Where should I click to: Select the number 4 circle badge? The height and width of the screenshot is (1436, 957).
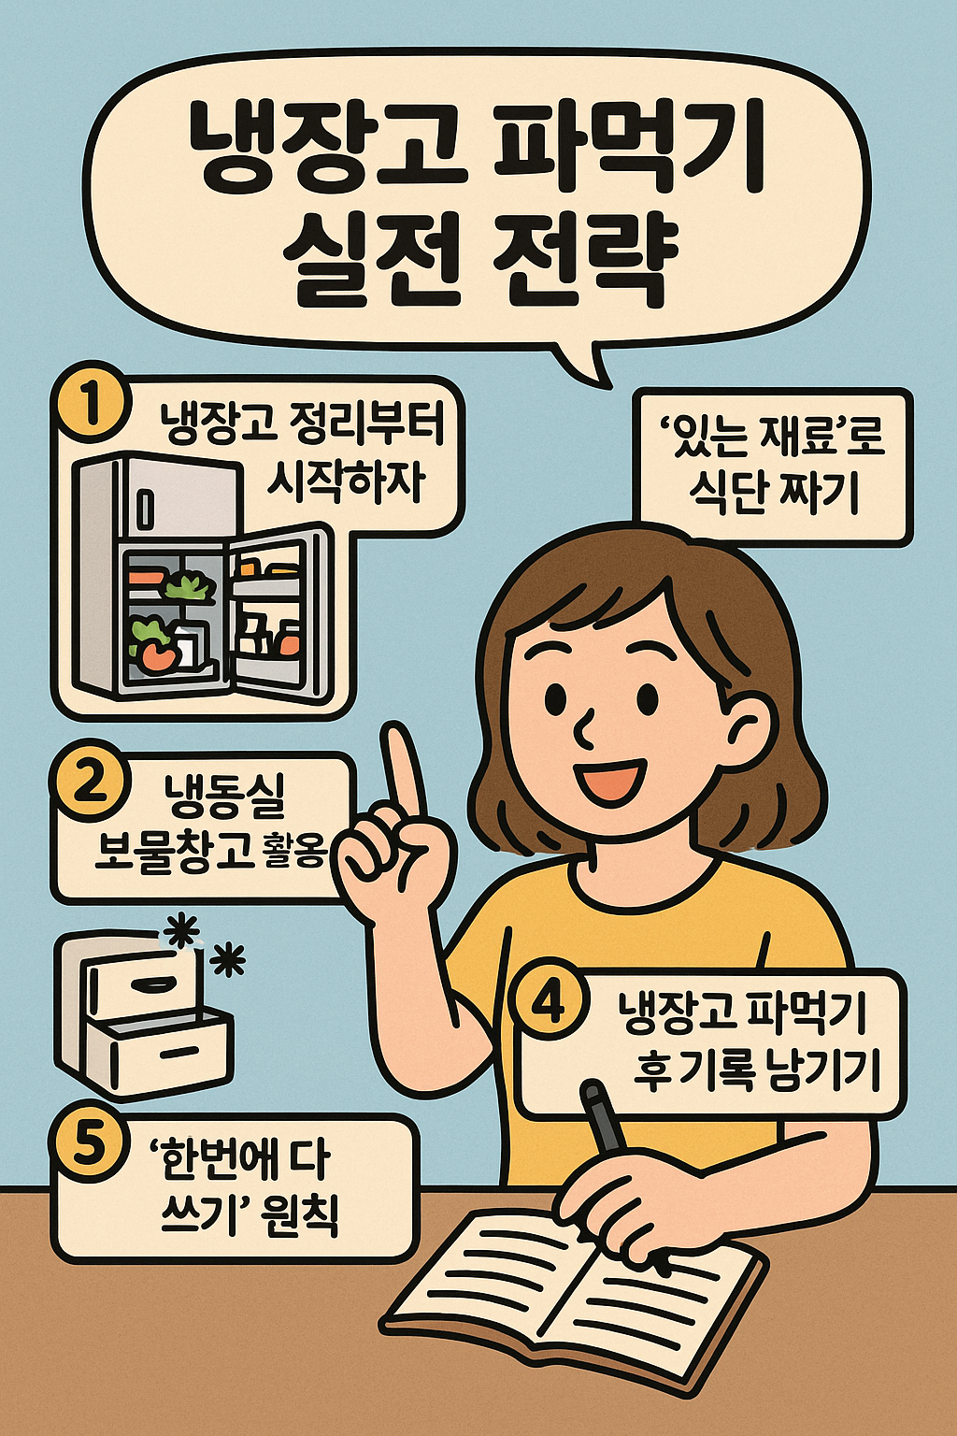pyautogui.click(x=549, y=1005)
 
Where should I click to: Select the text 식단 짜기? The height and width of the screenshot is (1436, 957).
pyautogui.click(x=773, y=493)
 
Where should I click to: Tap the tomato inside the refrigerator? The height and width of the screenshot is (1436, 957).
pyautogui.click(x=157, y=655)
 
